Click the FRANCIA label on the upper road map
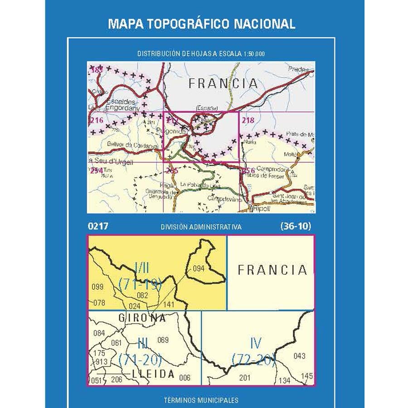(x=223, y=84)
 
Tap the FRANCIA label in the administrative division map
(x=272, y=270)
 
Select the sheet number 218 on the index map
(x=248, y=121)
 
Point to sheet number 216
(x=97, y=121)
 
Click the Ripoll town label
(x=262, y=209)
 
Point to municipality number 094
(x=199, y=268)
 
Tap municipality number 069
(x=163, y=340)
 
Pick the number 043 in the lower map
(x=300, y=356)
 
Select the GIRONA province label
(x=142, y=318)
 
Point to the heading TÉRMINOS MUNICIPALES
(x=201, y=400)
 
